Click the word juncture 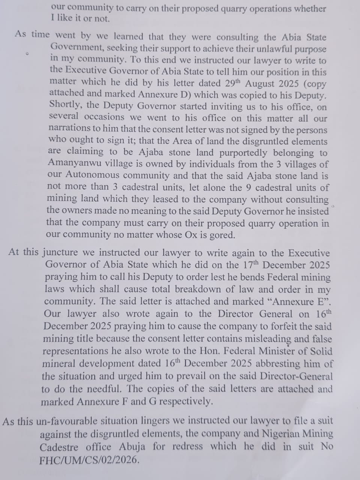(60, 252)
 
